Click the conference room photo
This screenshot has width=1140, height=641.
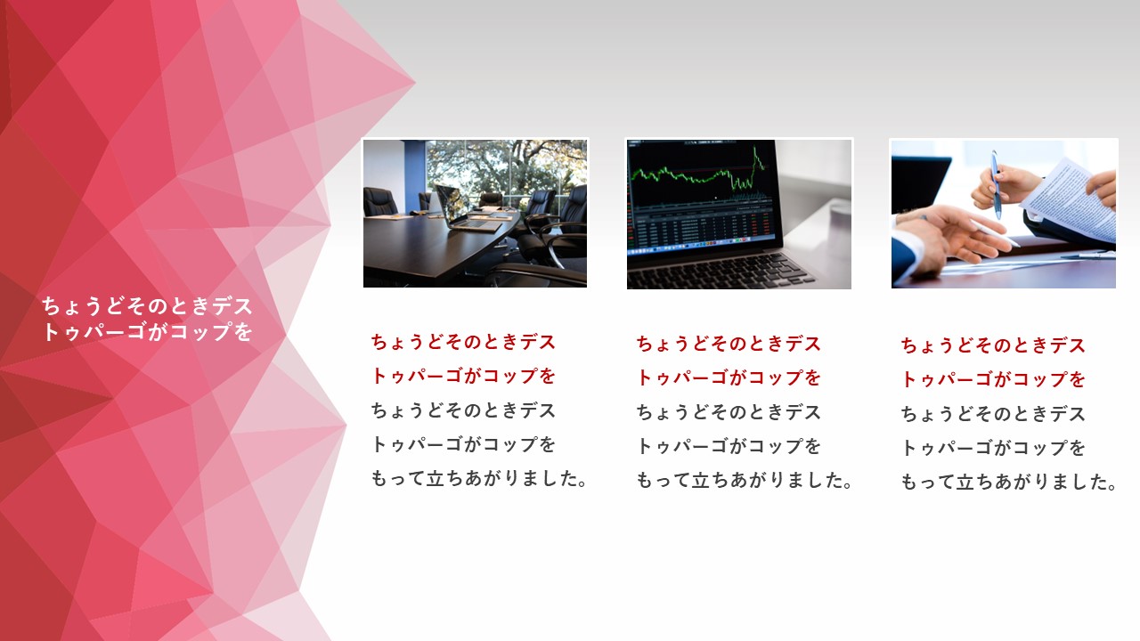[475, 214]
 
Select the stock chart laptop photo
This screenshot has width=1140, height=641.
[739, 215]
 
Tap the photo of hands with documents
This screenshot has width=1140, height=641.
[1004, 215]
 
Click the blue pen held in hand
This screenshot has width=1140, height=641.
[996, 184]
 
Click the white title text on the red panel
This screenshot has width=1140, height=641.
[147, 319]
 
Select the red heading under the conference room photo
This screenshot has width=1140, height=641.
[463, 359]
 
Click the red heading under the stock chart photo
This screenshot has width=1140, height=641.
[729, 361]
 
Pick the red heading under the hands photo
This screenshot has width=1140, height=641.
[993, 361]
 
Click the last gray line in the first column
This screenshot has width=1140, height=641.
[479, 479]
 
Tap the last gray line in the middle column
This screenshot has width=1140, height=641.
[744, 480]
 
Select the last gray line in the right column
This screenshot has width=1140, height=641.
[1009, 482]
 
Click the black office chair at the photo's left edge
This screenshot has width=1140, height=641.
[379, 202]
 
